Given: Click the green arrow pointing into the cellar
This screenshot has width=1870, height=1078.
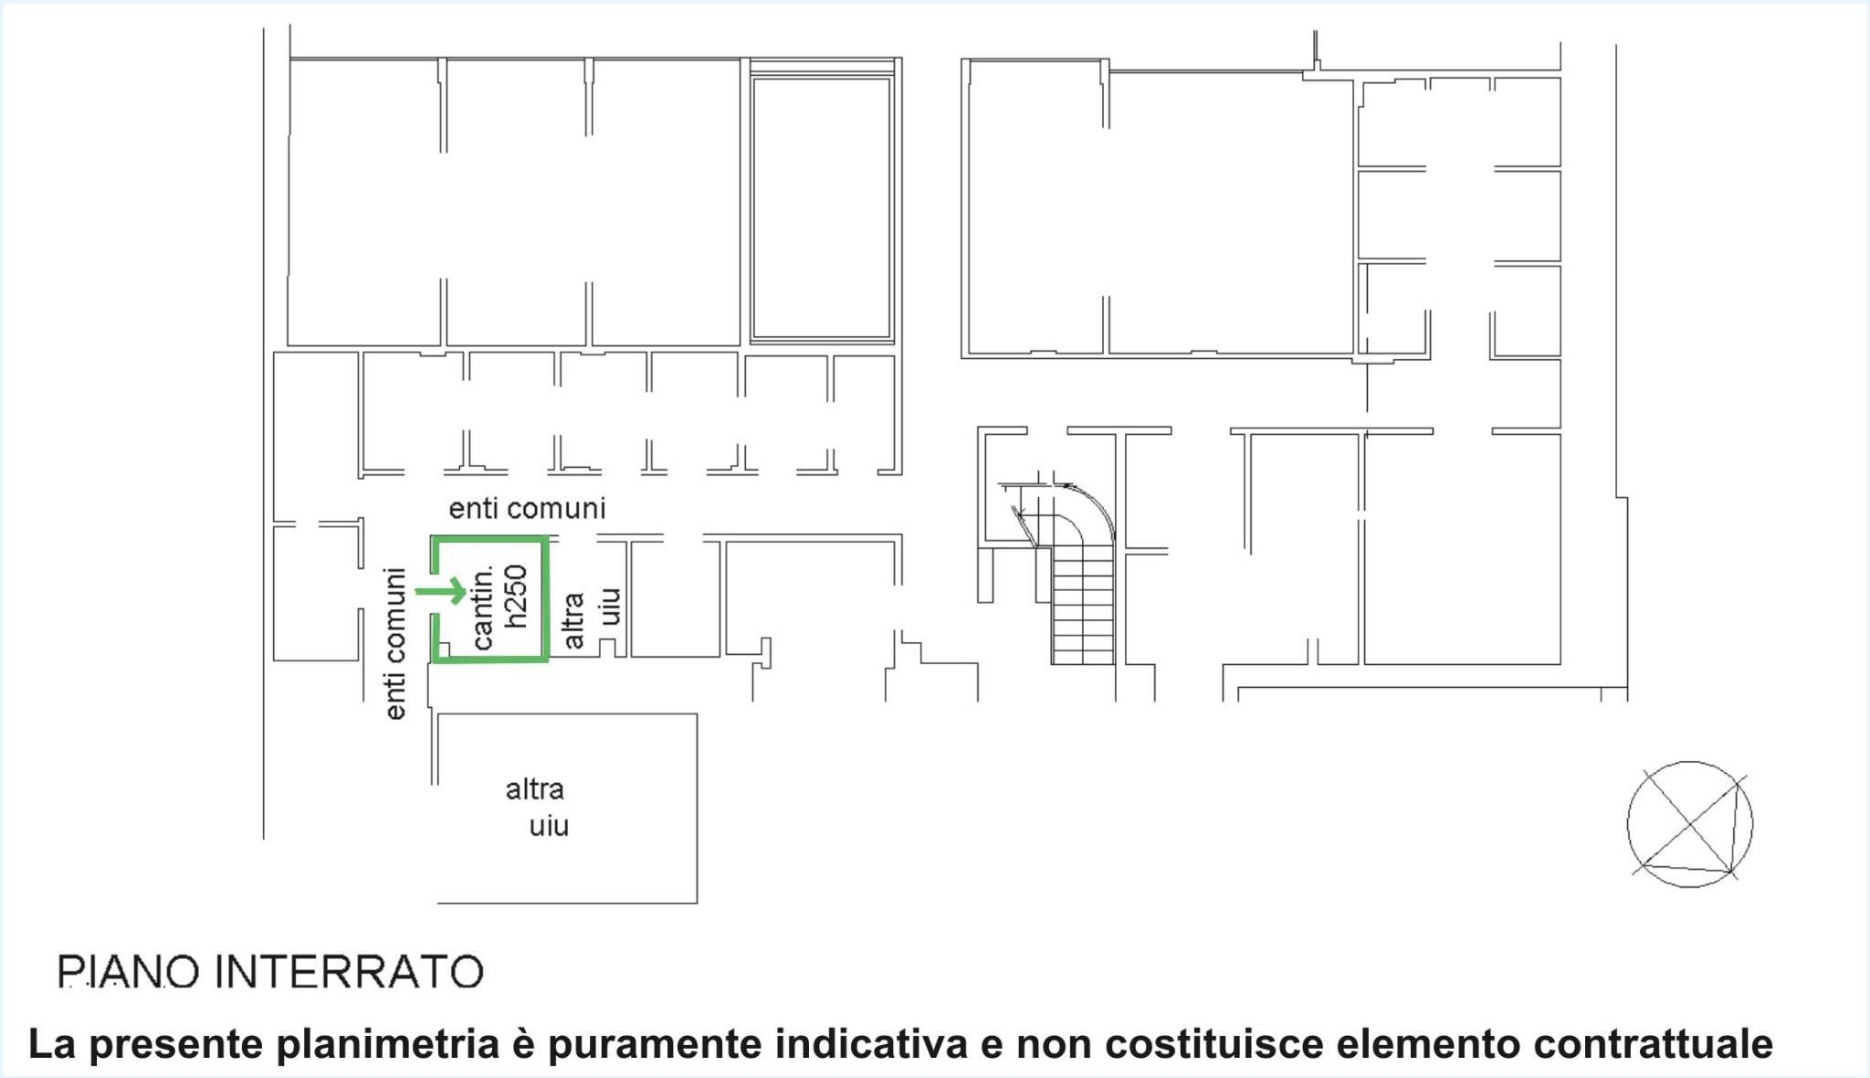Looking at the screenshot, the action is coord(441,591).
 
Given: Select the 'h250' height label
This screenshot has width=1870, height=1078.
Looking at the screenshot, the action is coord(516,596).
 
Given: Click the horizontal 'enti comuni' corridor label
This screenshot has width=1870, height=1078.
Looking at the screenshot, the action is coord(527,508).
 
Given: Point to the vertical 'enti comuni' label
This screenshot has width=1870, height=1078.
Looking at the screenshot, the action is coord(394,644).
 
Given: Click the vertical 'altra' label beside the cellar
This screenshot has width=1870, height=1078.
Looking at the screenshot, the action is coord(573,620).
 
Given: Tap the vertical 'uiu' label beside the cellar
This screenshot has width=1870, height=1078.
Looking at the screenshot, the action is coord(610,607).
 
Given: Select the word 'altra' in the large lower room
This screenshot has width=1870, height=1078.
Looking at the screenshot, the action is coord(535,788).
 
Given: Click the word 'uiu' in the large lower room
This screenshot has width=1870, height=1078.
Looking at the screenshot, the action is coord(549,826).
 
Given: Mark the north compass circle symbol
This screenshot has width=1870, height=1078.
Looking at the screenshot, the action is coord(1690,824).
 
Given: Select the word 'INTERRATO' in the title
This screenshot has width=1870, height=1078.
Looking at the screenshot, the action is coord(349,971).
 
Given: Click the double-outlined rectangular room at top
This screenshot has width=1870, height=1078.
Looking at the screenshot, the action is coord(821,208).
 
